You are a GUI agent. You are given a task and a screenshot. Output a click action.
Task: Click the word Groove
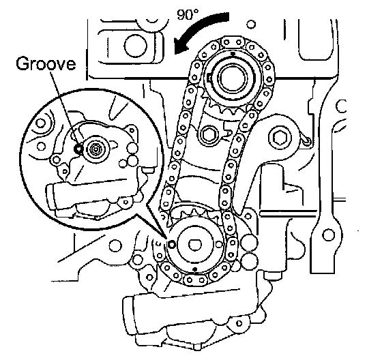point(46,63)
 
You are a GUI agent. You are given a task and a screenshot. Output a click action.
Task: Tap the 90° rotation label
point(188,14)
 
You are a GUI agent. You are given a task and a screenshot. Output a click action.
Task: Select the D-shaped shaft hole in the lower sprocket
point(194,245)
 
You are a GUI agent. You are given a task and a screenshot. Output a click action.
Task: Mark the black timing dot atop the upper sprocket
point(233,53)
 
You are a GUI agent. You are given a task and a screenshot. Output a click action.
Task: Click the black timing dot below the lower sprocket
point(195,269)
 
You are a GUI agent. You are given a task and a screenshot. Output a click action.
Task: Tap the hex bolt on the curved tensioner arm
point(278,138)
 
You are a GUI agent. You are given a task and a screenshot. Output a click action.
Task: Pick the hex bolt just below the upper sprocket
point(208,135)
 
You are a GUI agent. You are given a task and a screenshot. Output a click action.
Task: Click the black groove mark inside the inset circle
point(78,149)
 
